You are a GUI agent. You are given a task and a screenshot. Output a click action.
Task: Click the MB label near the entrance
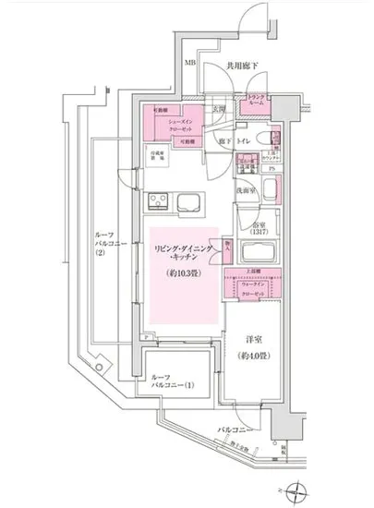point(188,64)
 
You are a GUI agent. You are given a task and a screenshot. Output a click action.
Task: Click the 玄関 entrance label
point(219,109)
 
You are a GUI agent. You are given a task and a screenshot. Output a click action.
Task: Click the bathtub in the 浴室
point(274,191)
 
